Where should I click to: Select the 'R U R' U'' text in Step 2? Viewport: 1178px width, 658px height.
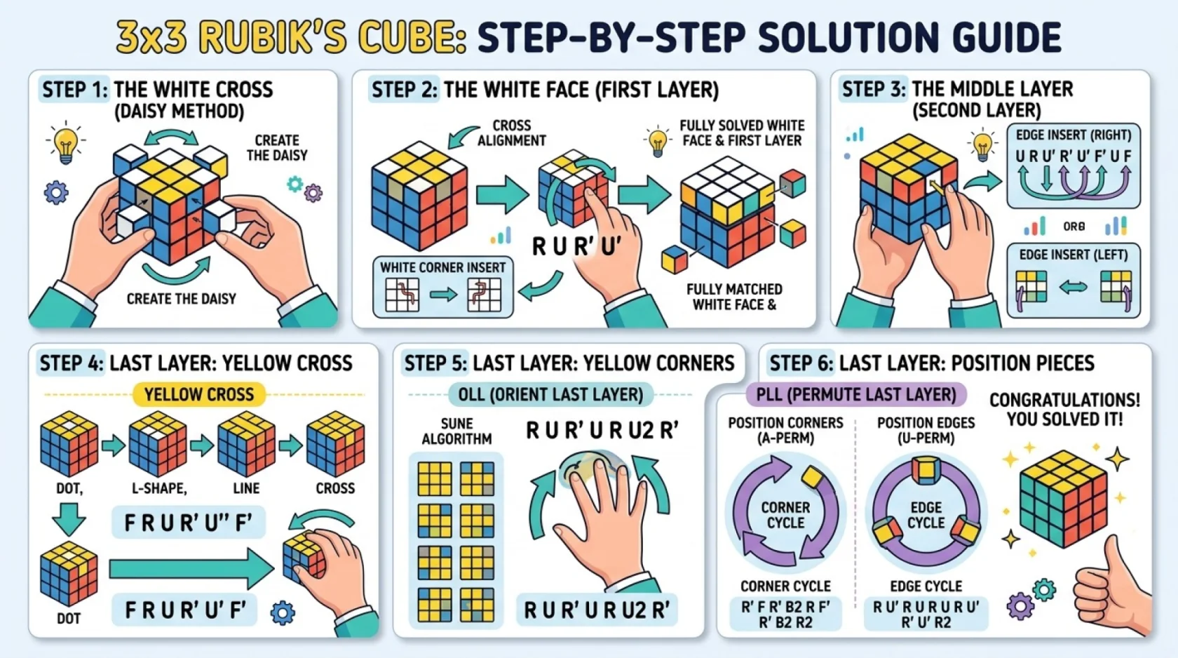tap(576, 246)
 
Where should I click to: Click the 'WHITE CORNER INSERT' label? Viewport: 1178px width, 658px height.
tap(443, 268)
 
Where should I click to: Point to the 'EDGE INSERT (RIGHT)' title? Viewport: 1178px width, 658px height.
tap(1074, 135)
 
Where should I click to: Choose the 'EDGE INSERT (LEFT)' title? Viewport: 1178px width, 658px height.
tap(1074, 255)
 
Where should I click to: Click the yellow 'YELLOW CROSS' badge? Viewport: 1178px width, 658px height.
tap(199, 394)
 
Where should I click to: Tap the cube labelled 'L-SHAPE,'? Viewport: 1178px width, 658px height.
tap(158, 443)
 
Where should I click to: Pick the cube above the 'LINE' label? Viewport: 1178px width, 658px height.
tap(246, 443)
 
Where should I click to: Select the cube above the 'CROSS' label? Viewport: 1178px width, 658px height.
tap(335, 443)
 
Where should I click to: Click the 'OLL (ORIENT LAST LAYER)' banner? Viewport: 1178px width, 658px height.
tap(550, 394)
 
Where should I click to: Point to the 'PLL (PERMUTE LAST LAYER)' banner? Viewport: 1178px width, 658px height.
tap(856, 394)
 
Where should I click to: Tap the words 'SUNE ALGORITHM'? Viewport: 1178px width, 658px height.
tap(456, 431)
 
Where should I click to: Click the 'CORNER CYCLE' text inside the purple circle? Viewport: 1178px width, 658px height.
tap(785, 515)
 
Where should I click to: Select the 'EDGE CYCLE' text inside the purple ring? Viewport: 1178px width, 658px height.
tap(926, 515)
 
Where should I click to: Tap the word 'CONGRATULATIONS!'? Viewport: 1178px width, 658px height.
tap(1065, 401)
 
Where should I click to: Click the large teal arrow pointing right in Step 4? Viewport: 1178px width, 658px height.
tap(191, 569)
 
